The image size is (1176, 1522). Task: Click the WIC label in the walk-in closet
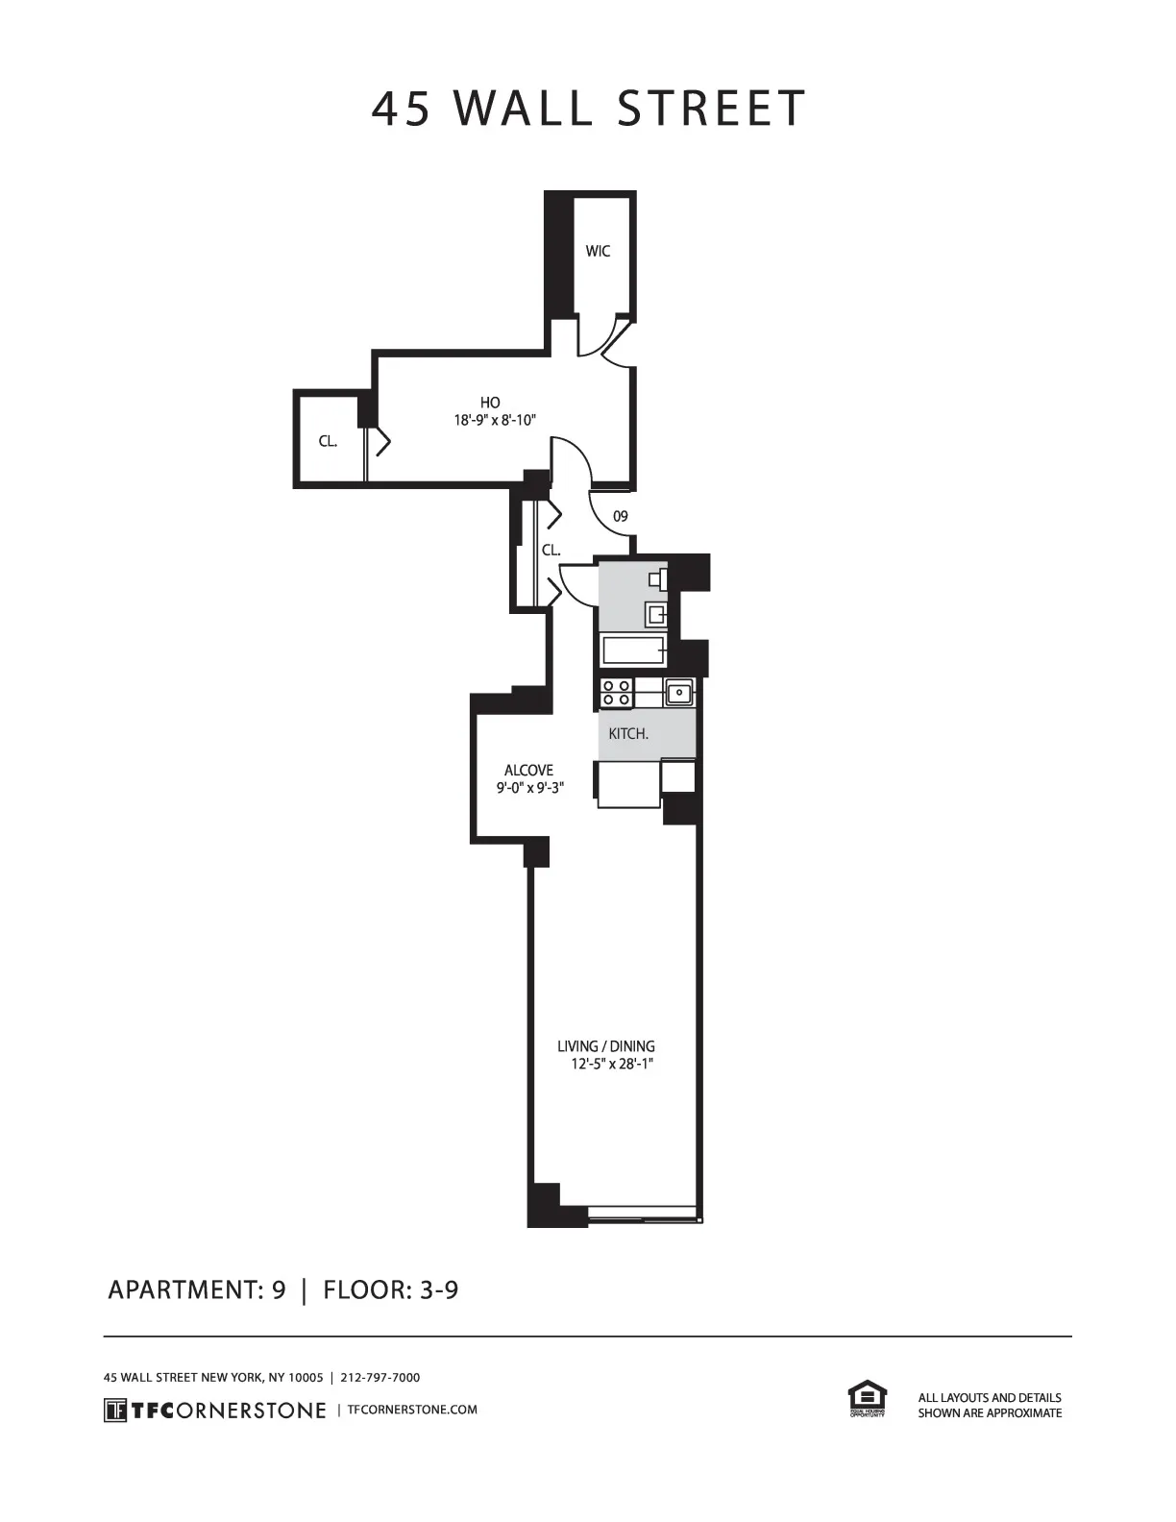pos(598,252)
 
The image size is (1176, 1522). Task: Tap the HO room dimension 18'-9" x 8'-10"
pos(494,420)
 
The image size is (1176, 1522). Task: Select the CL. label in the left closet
pos(328,442)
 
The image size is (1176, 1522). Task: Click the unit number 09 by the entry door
pos(621,517)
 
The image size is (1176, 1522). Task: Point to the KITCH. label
pos(628,734)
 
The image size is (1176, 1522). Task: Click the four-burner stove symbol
pos(616,692)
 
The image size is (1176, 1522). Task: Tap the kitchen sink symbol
pos(679,691)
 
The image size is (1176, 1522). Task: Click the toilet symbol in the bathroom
pos(658,578)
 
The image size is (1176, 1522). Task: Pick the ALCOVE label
pos(528,771)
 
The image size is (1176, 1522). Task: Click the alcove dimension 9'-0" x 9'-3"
pos(529,788)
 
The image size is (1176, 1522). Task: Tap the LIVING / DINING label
pos(606,1046)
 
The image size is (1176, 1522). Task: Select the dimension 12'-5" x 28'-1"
pos(612,1065)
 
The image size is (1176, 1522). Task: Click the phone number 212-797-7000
pos(380,1377)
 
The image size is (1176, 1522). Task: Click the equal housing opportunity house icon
pos(867,1396)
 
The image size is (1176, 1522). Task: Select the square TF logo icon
pos(114,1410)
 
